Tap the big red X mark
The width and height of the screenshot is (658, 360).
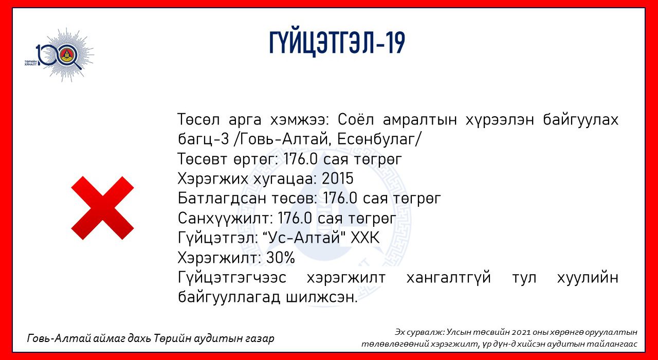(x=102, y=208)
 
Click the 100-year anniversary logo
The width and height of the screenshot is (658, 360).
(x=59, y=55)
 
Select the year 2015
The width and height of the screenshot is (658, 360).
(x=338, y=178)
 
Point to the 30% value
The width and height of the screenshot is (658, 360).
(x=281, y=258)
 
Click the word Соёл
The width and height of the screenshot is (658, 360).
(x=356, y=119)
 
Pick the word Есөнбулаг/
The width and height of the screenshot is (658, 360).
(x=379, y=139)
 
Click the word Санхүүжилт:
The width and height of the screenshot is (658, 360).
(x=226, y=219)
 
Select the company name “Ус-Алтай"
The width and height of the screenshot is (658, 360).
(x=303, y=238)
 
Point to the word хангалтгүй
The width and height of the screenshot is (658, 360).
(x=449, y=278)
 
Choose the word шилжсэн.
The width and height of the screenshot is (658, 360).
(x=322, y=297)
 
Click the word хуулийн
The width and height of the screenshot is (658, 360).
(x=588, y=278)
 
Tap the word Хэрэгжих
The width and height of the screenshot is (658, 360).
(x=213, y=178)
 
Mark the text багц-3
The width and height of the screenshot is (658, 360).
(x=203, y=139)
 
